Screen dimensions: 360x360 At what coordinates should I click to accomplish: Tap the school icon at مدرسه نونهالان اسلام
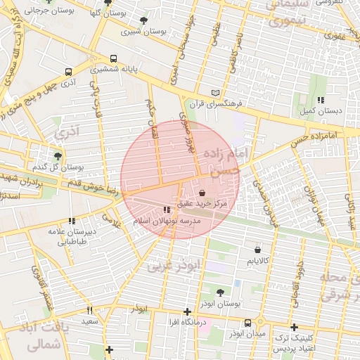click(167, 210)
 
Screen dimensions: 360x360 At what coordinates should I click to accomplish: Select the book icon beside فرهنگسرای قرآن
click(216, 93)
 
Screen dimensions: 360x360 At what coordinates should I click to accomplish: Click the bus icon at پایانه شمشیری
click(113, 59)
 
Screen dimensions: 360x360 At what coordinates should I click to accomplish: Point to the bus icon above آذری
click(68, 72)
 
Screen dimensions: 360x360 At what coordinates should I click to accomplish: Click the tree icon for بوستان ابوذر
click(221, 292)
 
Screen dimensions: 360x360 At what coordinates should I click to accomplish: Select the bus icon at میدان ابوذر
click(247, 323)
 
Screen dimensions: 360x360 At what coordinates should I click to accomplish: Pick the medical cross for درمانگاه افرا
click(187, 311)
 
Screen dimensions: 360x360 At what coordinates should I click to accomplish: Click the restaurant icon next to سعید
click(89, 310)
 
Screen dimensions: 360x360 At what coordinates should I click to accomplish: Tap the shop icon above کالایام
click(258, 250)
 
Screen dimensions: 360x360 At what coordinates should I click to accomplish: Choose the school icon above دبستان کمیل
click(321, 100)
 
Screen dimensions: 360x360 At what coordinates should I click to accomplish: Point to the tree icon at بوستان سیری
click(144, 20)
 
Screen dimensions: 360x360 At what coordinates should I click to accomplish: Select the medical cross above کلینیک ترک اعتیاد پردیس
click(294, 327)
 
